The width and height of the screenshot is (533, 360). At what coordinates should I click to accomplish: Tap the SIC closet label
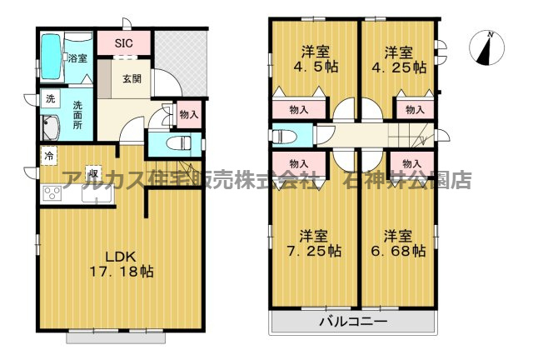click(x=124, y=42)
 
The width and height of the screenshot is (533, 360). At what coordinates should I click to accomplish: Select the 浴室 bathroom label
click(x=77, y=58)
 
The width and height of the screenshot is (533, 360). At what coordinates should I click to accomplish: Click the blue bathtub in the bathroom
click(x=51, y=55)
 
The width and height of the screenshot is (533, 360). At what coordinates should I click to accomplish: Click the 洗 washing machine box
click(x=51, y=99)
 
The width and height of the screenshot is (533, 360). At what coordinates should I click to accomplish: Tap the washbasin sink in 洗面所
click(x=52, y=128)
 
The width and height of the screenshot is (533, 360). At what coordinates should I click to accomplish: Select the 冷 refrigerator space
click(x=50, y=156)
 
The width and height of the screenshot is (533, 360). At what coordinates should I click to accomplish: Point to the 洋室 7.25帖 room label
click(x=314, y=242)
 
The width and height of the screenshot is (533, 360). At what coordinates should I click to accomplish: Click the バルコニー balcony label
click(x=353, y=321)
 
